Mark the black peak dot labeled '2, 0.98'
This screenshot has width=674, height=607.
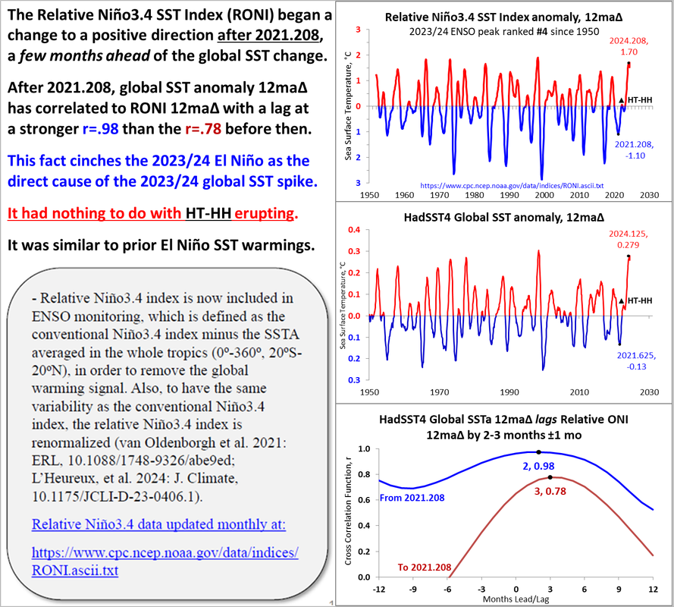click(538, 451)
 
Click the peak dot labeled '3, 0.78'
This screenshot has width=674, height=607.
click(550, 477)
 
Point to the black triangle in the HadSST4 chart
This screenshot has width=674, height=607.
click(622, 301)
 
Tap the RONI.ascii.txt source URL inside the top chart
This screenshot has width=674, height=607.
click(502, 184)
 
